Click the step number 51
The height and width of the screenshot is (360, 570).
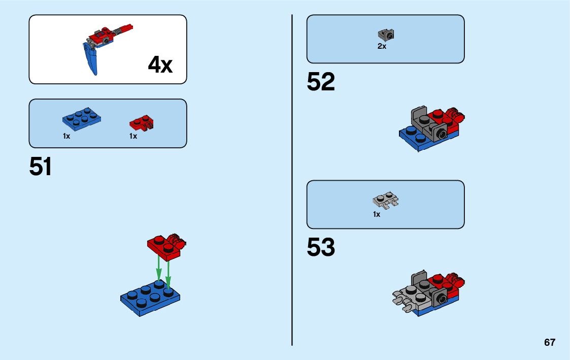point(41,167)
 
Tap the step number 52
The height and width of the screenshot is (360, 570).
point(321,82)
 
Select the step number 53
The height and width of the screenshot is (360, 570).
point(321,247)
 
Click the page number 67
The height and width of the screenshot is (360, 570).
point(550,343)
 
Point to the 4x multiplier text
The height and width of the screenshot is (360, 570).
point(160,66)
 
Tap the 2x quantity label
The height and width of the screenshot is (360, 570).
point(382,46)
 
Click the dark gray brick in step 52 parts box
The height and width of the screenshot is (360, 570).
point(386,35)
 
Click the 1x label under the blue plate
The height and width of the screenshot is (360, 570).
point(66,137)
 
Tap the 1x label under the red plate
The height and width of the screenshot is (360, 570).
point(133,137)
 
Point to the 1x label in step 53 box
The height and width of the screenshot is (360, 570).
point(376,215)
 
